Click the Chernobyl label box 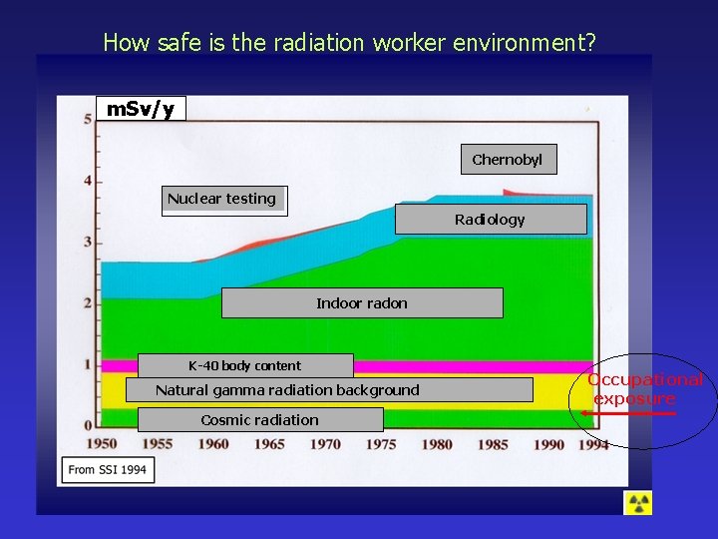(508, 160)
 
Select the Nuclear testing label (222, 199)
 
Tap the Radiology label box (490, 220)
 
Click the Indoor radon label (362, 303)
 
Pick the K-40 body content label (244, 365)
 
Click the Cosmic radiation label (259, 420)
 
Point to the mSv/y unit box (141, 109)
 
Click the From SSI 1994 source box (109, 469)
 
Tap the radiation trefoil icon (637, 503)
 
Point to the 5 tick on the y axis (88, 120)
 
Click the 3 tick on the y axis (88, 243)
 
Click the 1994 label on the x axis (593, 445)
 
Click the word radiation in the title (322, 43)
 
